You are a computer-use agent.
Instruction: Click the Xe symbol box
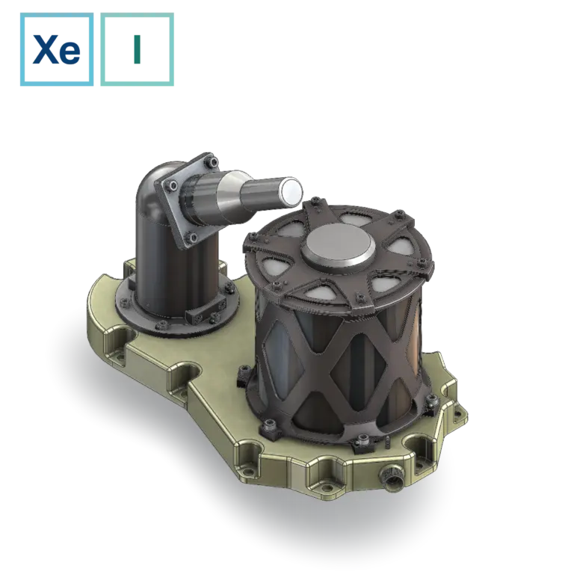[57, 49]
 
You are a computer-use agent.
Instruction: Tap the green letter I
[137, 49]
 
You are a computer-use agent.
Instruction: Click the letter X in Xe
[45, 49]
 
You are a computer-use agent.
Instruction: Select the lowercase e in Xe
[70, 53]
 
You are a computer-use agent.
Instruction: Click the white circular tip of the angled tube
[291, 191]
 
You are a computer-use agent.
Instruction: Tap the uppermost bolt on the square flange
[212, 161]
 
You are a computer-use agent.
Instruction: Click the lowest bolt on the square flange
[192, 238]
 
